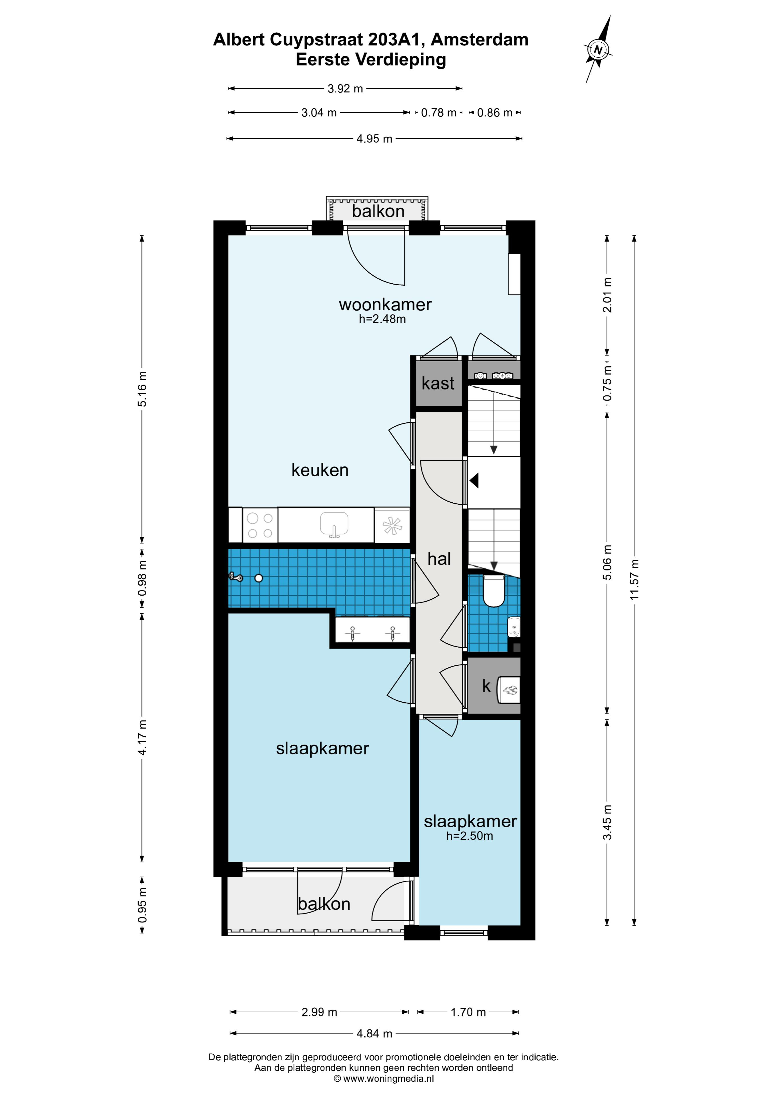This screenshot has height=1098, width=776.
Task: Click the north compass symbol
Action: pyautogui.click(x=598, y=49)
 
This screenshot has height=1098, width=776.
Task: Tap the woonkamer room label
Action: pyautogui.click(x=385, y=305)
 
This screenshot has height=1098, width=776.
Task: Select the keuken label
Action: pyautogui.click(x=320, y=470)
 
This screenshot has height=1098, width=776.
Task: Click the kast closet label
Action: pyautogui.click(x=438, y=383)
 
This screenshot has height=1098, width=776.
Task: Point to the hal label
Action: pyautogui.click(x=439, y=558)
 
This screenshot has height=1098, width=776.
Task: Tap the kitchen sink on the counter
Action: pyautogui.click(x=334, y=524)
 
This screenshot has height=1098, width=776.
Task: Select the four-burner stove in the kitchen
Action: pyautogui.click(x=260, y=525)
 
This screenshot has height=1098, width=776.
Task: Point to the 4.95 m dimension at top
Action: pyautogui.click(x=374, y=139)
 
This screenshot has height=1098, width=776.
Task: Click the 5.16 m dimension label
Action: pyautogui.click(x=142, y=389)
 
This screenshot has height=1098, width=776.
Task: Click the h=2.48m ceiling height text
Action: pyautogui.click(x=382, y=319)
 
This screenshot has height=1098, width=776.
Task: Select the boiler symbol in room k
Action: pyautogui.click(x=509, y=690)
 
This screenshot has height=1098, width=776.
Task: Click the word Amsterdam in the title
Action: pyautogui.click(x=480, y=40)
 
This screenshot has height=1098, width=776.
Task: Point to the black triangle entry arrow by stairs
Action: pyautogui.click(x=474, y=480)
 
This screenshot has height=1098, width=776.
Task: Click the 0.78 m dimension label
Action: pyautogui.click(x=438, y=113)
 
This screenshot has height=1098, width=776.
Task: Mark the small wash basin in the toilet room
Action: pyautogui.click(x=514, y=627)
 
